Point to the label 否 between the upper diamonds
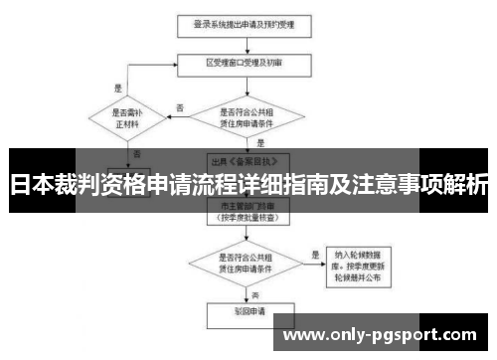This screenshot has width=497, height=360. [180, 107]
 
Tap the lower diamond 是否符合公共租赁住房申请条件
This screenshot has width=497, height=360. [249, 260]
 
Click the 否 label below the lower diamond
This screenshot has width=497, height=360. [255, 295]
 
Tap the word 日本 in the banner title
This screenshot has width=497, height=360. [27, 186]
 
